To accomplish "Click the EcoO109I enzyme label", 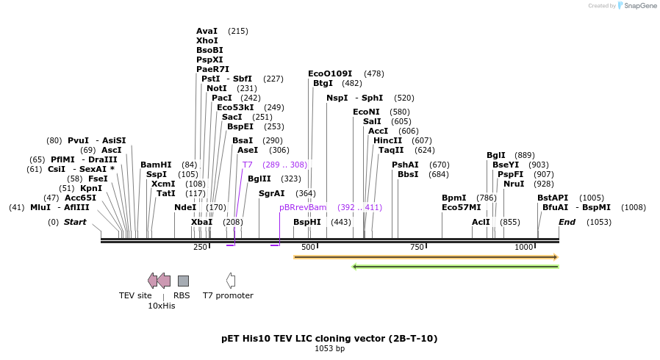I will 330,73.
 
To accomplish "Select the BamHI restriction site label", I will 156,165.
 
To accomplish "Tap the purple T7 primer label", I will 248,165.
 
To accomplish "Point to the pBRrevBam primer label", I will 303,207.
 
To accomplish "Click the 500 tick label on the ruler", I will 309,248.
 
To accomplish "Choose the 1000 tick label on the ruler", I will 524,248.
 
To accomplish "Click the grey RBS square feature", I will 183,281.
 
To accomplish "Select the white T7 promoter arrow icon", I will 231,280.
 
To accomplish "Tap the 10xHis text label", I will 162,306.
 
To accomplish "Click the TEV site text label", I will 135,295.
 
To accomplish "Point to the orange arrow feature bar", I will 426,257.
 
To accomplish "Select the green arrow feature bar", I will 456,266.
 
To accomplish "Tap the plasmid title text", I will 329,339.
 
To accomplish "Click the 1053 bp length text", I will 329,348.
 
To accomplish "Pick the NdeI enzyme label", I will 185,207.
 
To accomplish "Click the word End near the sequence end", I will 567,222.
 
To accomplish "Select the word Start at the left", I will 75,222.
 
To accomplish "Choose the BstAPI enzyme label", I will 553,198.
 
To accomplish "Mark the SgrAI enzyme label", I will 271,193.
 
